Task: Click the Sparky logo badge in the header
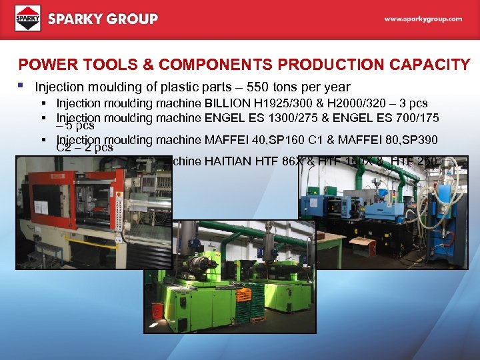click(27, 19)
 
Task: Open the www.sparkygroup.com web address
click(423, 19)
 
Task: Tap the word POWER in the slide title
click(43, 65)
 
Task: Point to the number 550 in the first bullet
click(257, 87)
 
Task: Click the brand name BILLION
click(228, 103)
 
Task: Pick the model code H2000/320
click(358, 103)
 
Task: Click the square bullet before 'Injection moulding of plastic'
click(22, 87)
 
